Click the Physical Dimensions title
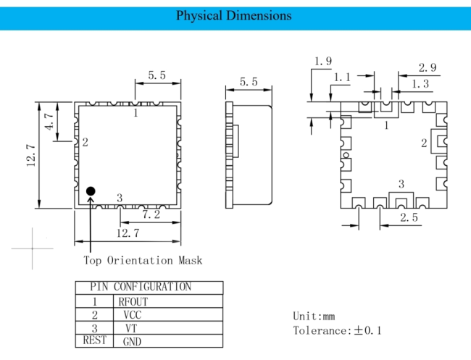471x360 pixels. point(234,16)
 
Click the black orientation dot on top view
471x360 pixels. point(91,191)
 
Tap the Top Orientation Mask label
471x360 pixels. point(143,260)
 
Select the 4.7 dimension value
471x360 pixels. point(49,121)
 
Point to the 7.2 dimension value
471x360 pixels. point(151,214)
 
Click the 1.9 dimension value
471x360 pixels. point(323,62)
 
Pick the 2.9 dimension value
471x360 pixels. point(428,67)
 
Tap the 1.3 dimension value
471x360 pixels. point(420,84)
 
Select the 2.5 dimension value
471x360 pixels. point(409,217)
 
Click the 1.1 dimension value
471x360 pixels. point(343,78)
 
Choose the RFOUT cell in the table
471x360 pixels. point(133,302)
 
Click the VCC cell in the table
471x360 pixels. point(133,315)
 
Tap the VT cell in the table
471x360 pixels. point(131,328)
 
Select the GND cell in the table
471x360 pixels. point(132,341)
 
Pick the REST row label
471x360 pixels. point(94,340)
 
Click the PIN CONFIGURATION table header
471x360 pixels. point(141,286)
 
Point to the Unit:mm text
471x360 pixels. point(314,316)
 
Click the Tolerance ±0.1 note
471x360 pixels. point(338,330)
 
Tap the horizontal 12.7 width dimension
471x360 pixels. point(128,233)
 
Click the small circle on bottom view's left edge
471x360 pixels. point(346,155)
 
